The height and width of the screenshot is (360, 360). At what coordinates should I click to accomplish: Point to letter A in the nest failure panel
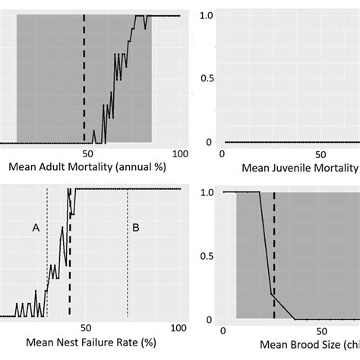(34, 227)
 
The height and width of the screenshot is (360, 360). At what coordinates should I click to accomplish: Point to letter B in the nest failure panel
(136, 227)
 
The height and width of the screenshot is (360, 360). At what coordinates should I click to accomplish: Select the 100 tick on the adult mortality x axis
(179, 153)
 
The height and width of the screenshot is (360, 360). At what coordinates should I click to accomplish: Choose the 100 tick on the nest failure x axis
(179, 329)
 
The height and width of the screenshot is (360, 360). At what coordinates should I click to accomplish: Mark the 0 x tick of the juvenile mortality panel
(222, 153)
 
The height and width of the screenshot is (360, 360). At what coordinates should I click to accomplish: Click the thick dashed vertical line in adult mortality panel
(84, 76)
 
